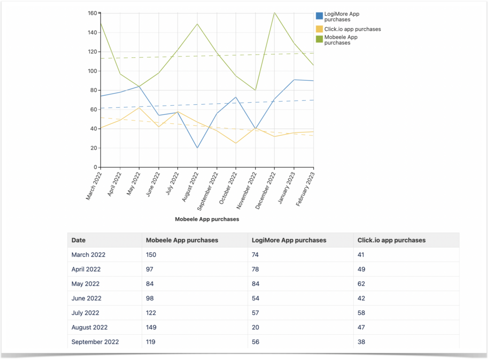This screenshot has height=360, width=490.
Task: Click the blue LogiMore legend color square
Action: (319, 16)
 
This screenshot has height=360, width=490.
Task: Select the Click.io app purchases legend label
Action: (352, 29)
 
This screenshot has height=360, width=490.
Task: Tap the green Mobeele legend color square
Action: (319, 39)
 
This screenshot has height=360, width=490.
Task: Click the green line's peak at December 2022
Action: (274, 12)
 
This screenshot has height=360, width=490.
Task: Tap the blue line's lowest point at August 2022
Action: (197, 148)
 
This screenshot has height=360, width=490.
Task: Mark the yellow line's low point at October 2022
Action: (236, 143)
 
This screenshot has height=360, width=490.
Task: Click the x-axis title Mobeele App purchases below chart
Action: (207, 219)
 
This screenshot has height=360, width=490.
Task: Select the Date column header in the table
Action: (78, 240)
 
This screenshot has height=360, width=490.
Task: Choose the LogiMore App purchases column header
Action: (289, 240)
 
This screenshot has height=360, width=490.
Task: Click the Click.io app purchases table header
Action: (391, 240)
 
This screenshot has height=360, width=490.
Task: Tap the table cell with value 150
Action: (151, 255)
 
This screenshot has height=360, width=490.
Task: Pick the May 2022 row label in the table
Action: (85, 284)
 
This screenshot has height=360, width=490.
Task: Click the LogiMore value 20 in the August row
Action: (256, 327)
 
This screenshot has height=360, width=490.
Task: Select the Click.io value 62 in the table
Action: (361, 284)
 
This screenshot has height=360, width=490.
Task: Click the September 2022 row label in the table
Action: (95, 342)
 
